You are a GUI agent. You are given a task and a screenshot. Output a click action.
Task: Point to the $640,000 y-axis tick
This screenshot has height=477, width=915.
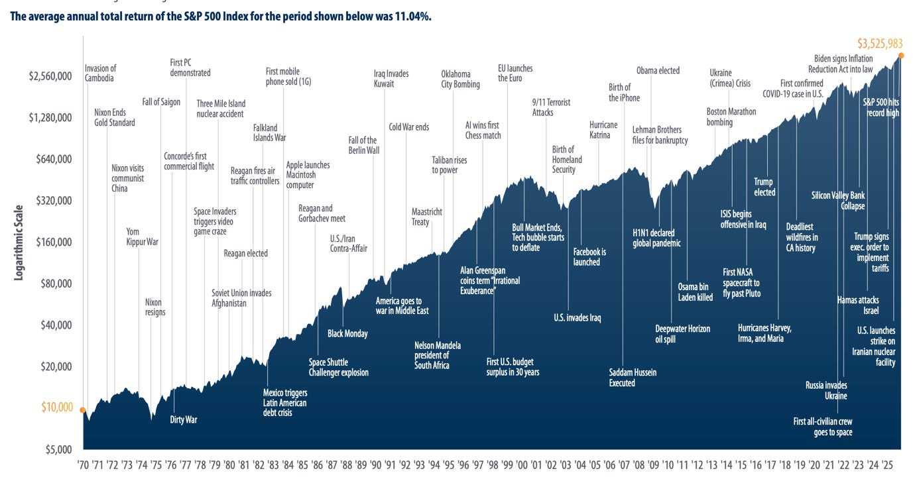tap(50, 159)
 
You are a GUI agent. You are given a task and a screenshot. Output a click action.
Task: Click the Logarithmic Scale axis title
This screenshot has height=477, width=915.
tap(19, 242)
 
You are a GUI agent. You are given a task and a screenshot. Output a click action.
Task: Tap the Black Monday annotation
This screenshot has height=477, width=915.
tap(347, 334)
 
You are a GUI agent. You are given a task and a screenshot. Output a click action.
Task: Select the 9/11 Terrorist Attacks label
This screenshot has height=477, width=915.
tap(551, 107)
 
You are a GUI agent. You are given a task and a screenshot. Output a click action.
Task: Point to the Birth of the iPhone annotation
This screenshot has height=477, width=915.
tap(624, 93)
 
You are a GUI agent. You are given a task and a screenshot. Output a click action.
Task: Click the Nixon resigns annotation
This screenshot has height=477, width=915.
tap(155, 307)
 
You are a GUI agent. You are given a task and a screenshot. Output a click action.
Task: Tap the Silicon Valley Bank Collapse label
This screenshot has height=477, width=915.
tap(838, 201)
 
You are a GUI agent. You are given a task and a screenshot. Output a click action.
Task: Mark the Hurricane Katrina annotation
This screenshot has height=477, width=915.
tap(603, 131)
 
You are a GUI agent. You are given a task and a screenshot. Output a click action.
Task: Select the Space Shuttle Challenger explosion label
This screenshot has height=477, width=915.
tap(338, 368)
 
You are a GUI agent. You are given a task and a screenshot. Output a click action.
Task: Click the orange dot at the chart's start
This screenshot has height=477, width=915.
tap(83, 410)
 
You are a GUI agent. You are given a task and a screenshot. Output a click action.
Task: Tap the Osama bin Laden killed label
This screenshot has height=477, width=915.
tap(695, 292)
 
